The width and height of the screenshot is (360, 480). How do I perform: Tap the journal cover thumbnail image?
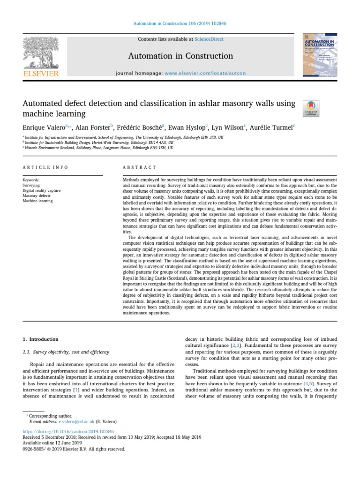coord(319,55)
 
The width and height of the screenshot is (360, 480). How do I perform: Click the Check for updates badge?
coord(312,108)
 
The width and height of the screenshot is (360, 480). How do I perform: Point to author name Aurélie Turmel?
coord(270,127)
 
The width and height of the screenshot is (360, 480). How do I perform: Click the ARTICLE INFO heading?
coord(45,167)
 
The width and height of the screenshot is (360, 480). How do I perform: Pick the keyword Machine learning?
coord(38,201)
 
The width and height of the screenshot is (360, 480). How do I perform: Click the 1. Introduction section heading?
coord(41,339)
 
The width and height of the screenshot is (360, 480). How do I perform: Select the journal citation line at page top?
coord(180,23)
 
